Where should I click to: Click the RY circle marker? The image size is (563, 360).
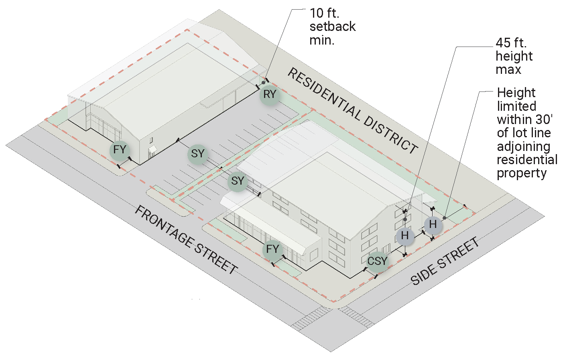[x=270, y=95]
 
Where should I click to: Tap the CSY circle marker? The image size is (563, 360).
[x=377, y=261]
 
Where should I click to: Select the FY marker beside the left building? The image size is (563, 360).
[x=120, y=150]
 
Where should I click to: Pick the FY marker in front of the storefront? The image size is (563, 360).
[x=272, y=249]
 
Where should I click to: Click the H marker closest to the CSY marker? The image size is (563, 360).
[x=404, y=236]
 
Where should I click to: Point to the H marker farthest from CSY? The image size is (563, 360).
[x=433, y=224]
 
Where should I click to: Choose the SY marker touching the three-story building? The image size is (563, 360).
[x=238, y=181]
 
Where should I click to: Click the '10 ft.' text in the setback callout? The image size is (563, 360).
[x=324, y=13]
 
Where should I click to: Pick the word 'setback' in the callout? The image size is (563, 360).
[x=333, y=27]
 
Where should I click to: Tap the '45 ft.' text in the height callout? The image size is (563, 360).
[x=511, y=43]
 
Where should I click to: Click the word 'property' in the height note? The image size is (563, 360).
[x=522, y=173]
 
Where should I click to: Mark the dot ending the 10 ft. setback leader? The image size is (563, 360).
[x=264, y=83]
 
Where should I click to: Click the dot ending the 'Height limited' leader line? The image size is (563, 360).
[x=445, y=218]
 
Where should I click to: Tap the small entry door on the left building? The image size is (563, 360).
[x=152, y=152]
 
